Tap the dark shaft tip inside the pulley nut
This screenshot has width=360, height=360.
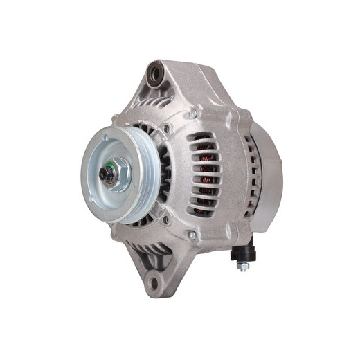pos(109,174)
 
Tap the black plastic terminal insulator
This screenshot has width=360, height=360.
pos(243,253)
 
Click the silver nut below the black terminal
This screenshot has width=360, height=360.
pos(243,266)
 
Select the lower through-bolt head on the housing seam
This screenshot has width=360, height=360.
pos(193,235)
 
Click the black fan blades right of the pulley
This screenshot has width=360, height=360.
pos(165,173)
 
